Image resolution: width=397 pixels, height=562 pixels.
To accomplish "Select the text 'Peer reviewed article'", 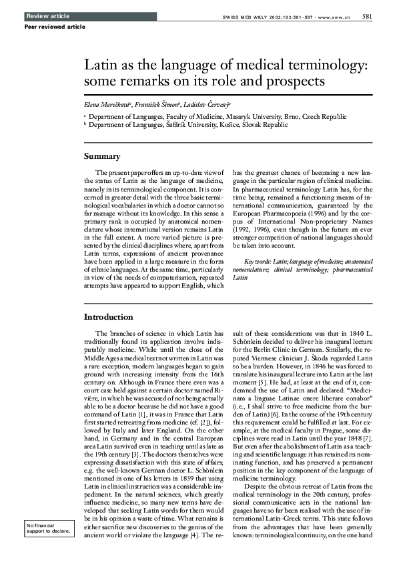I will click(55, 27).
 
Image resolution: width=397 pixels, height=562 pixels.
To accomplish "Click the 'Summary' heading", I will click(102, 157).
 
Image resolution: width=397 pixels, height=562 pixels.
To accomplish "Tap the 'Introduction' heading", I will click(108, 316).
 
